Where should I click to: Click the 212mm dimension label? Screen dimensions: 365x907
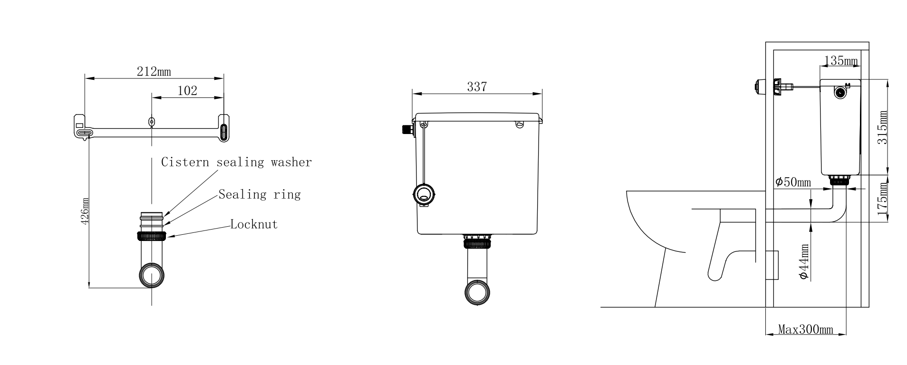click(154, 72)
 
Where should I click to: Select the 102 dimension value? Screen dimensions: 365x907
click(187, 91)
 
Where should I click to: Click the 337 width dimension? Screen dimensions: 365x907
click(476, 87)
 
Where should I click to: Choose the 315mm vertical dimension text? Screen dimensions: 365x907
click(883, 128)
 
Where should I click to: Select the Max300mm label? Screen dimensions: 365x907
click(805, 329)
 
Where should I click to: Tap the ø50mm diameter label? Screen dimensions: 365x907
click(793, 182)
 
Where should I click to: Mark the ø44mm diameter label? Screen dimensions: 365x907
click(804, 261)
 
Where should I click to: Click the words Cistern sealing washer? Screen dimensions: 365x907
click(236, 163)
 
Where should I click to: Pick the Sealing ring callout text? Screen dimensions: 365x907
click(260, 194)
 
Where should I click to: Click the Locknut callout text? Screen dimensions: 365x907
click(254, 224)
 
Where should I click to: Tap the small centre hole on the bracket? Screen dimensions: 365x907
click(152, 121)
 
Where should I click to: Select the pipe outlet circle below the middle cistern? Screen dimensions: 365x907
click(477, 292)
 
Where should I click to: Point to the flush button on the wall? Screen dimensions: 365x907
click(759, 87)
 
